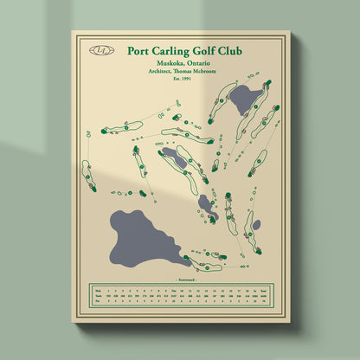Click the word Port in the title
pos(139,50)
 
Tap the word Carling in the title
pos(177,51)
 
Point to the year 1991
pos(188,79)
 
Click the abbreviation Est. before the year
pos(177,79)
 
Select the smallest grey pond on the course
pos(256,226)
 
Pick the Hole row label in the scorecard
pos(98,290)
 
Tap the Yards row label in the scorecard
pos(98,296)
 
